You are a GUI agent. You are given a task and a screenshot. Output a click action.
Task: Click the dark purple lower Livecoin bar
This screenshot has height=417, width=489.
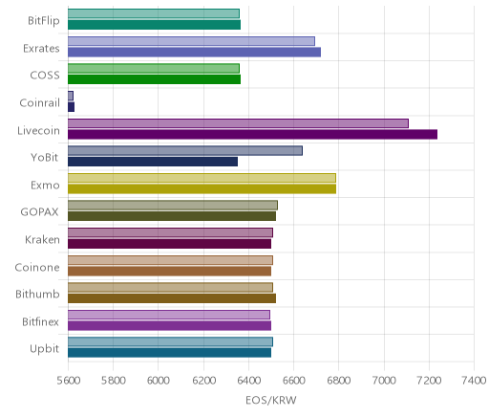[x=252, y=135]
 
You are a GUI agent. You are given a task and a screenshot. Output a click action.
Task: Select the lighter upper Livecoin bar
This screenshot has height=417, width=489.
[x=238, y=123]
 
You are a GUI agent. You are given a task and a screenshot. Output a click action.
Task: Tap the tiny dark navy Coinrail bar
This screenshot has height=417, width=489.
[x=71, y=107]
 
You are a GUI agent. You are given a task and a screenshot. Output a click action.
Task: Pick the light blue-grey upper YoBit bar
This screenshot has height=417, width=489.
[x=185, y=151]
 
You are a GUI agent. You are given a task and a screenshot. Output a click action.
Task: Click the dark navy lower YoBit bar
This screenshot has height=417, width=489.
[x=153, y=162]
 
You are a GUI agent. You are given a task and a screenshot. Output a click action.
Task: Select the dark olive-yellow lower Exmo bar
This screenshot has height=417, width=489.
[x=202, y=189]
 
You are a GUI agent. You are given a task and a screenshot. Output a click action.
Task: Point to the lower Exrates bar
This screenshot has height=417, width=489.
[x=194, y=53]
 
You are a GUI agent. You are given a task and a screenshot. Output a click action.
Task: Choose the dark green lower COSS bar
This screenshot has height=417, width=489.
[x=154, y=79]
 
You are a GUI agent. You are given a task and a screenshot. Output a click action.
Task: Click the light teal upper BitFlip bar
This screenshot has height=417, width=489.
[x=154, y=13]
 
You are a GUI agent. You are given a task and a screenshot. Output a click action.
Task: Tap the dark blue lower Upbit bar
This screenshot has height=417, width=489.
[x=169, y=353]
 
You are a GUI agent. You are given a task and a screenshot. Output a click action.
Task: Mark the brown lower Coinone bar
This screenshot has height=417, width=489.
[x=169, y=271]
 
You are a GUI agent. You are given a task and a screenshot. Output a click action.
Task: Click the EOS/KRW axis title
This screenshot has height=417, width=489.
[x=271, y=400]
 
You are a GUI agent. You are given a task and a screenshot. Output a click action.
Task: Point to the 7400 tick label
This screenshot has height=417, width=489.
[x=474, y=380]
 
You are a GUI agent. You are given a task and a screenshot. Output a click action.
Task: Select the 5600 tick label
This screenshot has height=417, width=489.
[x=68, y=380]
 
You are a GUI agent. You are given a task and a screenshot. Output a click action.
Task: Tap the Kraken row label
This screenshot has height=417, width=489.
[x=42, y=239]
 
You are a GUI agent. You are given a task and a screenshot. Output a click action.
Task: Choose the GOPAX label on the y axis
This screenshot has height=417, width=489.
[x=39, y=212]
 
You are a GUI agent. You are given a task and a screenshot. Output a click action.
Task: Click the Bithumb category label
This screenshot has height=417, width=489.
[x=37, y=294]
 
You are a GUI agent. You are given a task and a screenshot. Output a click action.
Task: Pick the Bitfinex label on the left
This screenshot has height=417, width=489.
[x=40, y=321]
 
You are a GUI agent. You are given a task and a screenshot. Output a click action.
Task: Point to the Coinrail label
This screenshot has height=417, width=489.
[x=39, y=102]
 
